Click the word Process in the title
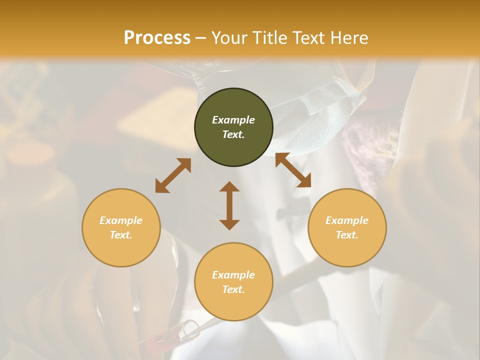coord(157,38)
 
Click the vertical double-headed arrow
coord(229,205)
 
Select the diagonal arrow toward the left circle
coord(173,175)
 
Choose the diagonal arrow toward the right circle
coord(293,170)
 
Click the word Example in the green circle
coord(233,120)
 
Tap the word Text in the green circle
coord(233,134)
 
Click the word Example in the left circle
coord(121,220)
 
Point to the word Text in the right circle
coord(347,235)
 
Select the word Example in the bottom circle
coord(233,275)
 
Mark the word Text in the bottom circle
coord(233,289)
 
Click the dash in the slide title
coord(200,38)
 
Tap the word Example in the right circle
coord(347,220)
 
